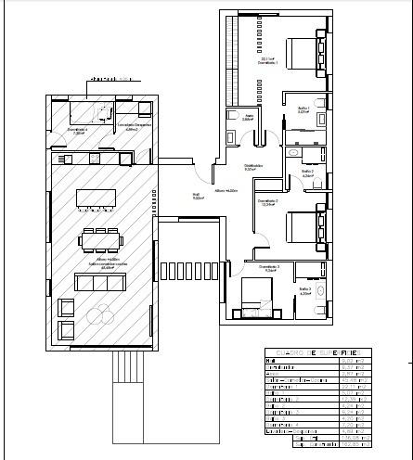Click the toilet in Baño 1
click(x=320, y=102)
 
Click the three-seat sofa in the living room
click(x=96, y=281)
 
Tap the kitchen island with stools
click(x=96, y=198)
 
